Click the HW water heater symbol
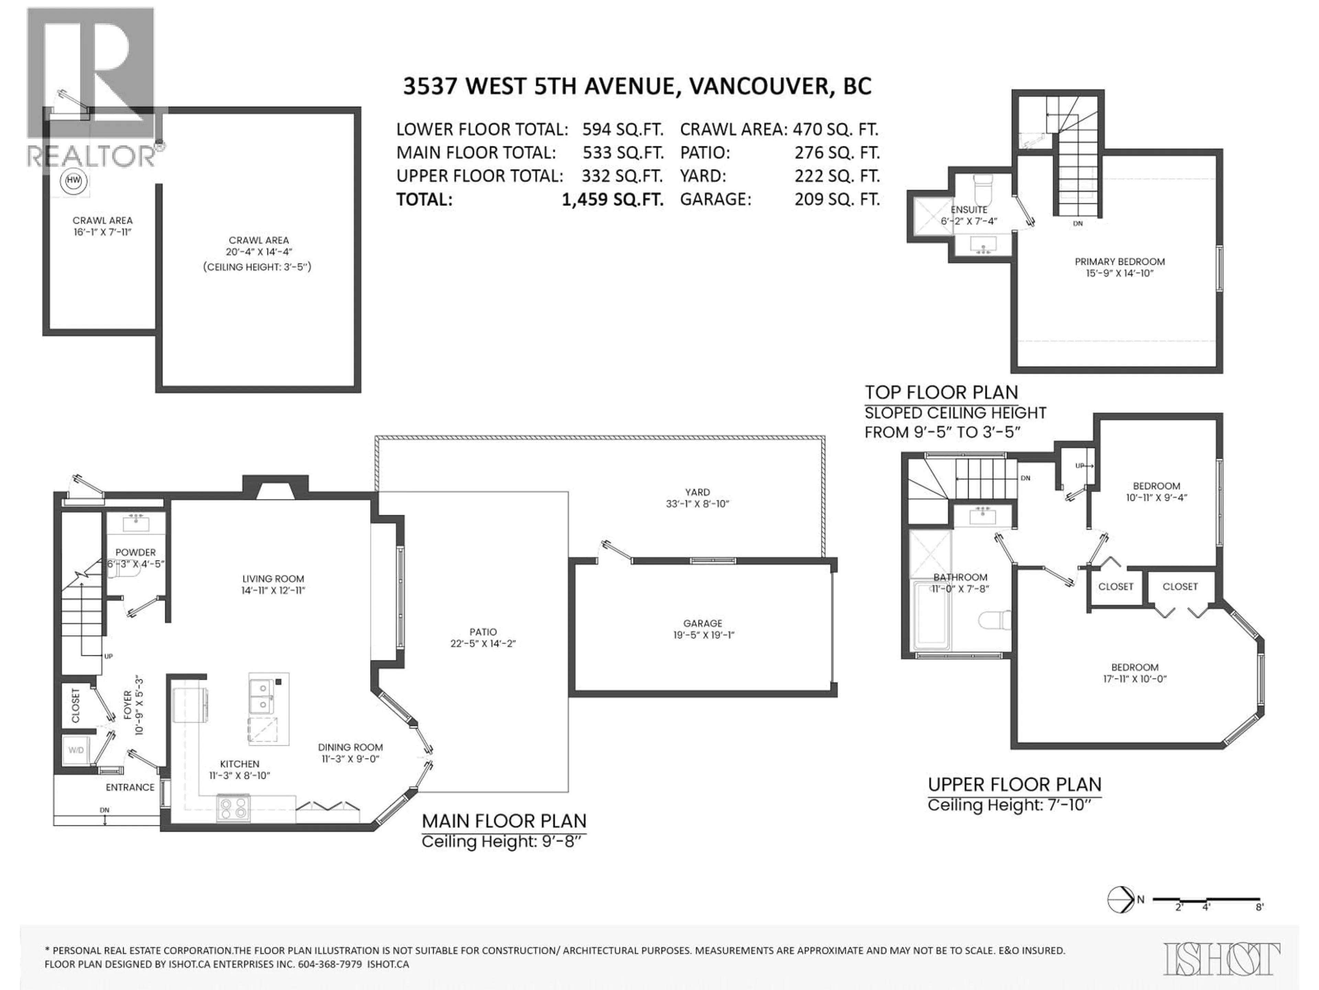(74, 180)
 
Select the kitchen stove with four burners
(233, 808)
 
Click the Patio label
(483, 632)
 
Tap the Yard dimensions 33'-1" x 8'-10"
(698, 504)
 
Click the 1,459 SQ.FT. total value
(612, 199)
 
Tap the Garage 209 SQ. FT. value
(837, 199)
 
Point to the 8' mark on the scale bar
(1259, 923)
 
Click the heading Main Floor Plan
(504, 821)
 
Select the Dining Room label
(350, 747)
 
